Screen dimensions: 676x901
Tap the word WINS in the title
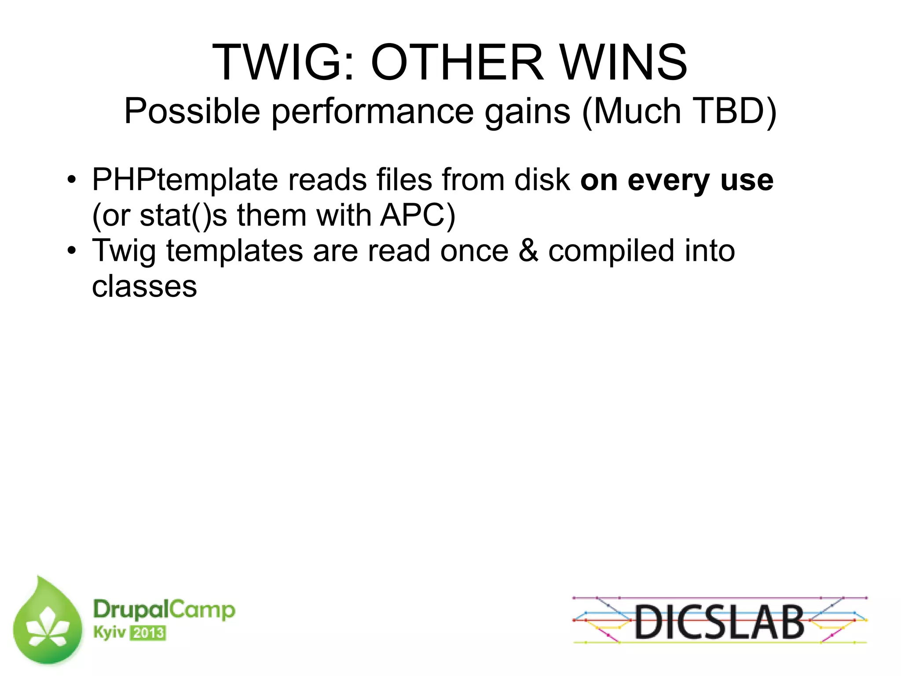pos(624,62)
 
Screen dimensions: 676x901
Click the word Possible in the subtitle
pos(192,111)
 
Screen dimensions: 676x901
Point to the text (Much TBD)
pos(679,111)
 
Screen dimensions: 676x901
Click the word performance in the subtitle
pos(372,111)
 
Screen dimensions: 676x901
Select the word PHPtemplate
pos(185,180)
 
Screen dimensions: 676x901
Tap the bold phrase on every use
pos(677,180)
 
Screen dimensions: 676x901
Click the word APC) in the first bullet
pos(418,216)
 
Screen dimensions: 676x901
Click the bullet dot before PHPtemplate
pos(72,180)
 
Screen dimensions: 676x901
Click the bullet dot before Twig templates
pos(72,251)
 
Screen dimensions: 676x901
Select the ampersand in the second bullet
pos(528,251)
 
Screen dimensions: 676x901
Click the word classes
pos(144,287)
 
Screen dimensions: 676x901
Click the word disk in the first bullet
pos(542,180)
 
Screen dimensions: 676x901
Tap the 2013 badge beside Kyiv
pos(148,633)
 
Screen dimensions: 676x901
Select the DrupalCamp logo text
pos(164,610)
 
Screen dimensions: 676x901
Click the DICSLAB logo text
pos(720,621)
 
